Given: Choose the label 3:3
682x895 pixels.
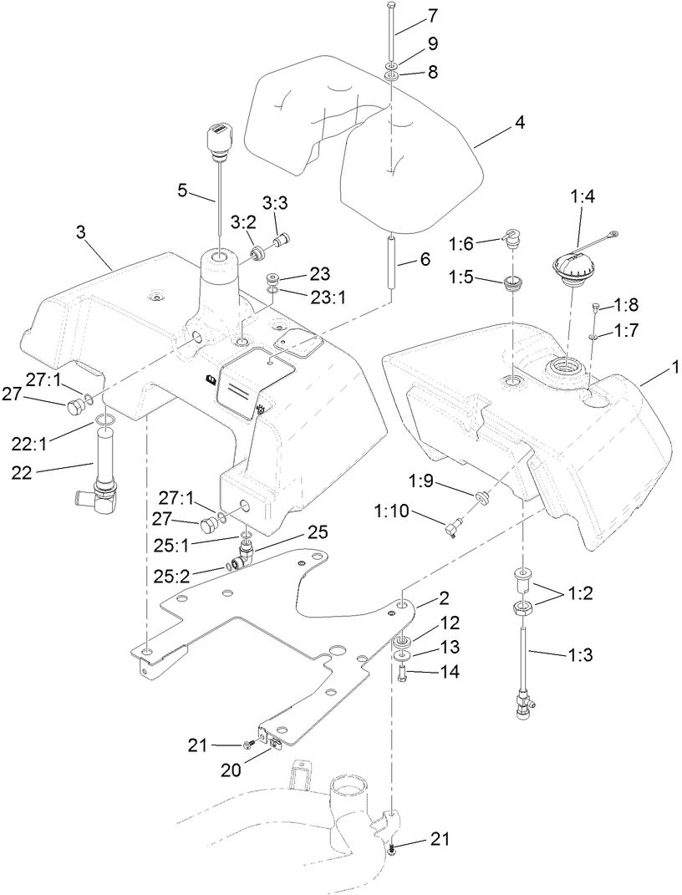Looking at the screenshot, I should (277, 203).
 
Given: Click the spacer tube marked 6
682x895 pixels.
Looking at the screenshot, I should (391, 262).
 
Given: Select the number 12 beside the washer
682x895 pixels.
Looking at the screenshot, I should (449, 623).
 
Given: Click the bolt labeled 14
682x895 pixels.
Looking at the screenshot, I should (402, 672).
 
